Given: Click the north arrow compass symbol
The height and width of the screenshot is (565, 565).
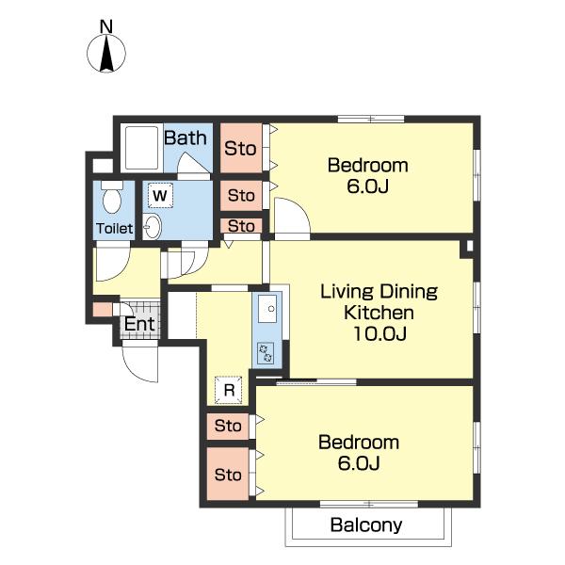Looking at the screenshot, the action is (x=106, y=53).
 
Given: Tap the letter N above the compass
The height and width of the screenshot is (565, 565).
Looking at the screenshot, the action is (x=106, y=26).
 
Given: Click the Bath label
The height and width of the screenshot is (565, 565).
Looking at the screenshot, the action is (x=186, y=137).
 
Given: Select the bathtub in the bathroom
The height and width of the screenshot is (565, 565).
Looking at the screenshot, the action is (x=141, y=148).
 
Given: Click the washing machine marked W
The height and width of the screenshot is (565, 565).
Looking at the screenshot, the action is (x=160, y=195).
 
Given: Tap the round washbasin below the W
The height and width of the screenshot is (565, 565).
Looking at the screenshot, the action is (x=152, y=227).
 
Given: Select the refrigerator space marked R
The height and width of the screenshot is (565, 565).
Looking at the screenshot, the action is (x=229, y=390).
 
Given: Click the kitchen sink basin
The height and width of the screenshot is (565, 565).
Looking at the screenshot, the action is (x=267, y=309).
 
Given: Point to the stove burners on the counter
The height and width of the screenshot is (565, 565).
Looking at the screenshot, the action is (x=266, y=353).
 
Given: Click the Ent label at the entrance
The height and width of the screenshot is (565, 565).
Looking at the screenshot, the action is (x=139, y=324).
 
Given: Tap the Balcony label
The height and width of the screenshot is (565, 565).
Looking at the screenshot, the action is (x=366, y=525).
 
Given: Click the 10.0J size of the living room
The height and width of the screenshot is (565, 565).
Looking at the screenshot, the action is (x=379, y=333).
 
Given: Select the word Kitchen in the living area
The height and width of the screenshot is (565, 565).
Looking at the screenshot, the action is (x=379, y=313).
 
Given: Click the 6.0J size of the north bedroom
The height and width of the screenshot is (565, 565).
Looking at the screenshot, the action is (x=367, y=186).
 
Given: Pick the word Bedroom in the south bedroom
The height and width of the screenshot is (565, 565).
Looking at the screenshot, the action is (x=359, y=443).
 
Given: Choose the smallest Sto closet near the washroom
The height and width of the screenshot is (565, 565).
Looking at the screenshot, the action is (x=241, y=226).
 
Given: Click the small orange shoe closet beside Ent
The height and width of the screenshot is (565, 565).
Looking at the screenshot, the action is (x=103, y=310).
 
